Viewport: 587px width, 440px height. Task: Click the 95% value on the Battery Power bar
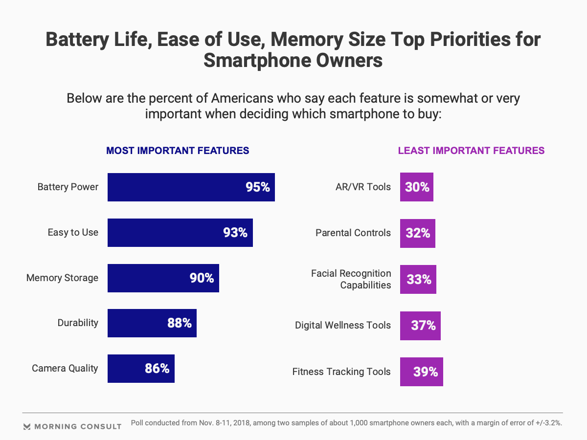(x=258, y=187)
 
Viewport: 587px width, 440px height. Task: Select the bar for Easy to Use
(x=180, y=233)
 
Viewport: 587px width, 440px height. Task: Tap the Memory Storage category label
(x=62, y=278)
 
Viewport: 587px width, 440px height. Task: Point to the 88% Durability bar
(x=152, y=323)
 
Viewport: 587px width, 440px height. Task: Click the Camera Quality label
(x=65, y=368)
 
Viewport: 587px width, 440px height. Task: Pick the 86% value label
(x=157, y=369)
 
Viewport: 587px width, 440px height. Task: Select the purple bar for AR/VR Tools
(x=417, y=187)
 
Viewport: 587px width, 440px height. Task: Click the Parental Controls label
(x=353, y=233)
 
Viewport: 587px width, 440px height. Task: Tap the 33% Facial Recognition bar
(x=418, y=280)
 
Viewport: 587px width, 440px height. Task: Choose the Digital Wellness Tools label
(x=343, y=325)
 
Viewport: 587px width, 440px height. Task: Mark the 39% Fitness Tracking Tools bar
(x=422, y=372)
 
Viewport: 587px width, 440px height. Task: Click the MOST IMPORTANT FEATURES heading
(x=178, y=151)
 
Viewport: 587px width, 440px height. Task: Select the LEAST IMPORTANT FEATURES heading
(x=471, y=151)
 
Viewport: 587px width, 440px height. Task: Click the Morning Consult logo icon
(x=27, y=426)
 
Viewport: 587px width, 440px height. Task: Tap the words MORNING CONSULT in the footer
(x=78, y=426)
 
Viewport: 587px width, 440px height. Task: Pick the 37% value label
(x=423, y=326)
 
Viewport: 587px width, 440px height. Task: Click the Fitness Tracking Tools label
(x=341, y=372)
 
